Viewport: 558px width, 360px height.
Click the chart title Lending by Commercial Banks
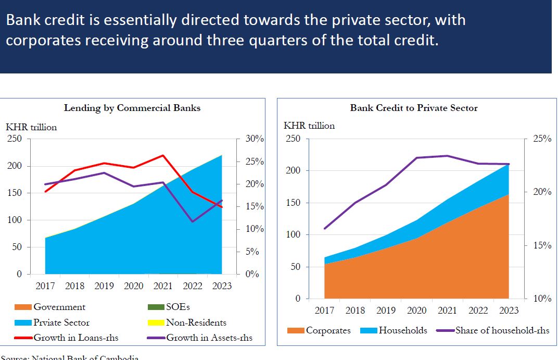(132, 108)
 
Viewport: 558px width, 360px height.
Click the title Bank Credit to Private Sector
(413, 108)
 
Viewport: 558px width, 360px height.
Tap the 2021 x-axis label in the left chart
(163, 285)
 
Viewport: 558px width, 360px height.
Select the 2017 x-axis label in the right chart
(325, 310)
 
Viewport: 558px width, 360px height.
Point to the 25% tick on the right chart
(541, 139)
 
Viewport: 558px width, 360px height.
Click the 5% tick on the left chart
(253, 252)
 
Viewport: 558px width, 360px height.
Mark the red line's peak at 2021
(163, 155)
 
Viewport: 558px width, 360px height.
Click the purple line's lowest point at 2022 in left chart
(193, 221)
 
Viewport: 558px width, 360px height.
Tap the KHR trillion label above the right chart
(309, 126)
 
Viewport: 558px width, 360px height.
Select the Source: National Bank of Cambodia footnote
(70, 357)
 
